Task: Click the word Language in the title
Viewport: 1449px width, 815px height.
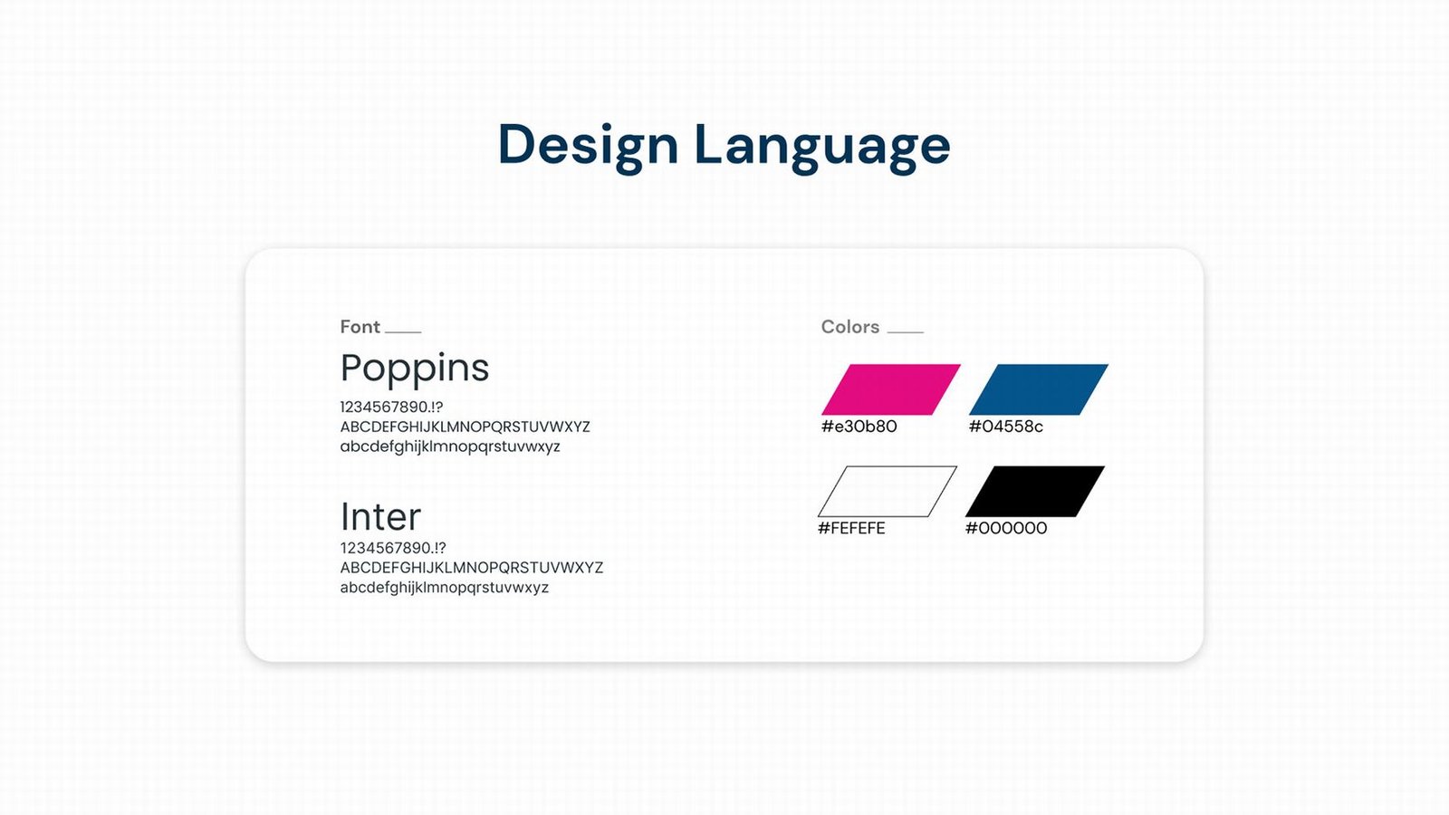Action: tap(822, 148)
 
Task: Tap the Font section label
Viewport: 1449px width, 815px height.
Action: tap(360, 327)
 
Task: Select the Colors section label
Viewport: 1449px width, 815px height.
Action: tap(850, 327)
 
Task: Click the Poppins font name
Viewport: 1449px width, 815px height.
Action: tap(415, 369)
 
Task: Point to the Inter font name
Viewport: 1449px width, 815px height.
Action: tap(380, 516)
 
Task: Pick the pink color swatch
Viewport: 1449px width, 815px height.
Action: tap(891, 389)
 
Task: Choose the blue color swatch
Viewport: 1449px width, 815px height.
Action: tap(1038, 389)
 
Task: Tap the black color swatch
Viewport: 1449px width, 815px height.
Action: tap(1035, 492)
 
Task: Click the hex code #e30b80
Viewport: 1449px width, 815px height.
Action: tap(859, 427)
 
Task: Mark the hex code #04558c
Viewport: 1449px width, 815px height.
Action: tap(1006, 427)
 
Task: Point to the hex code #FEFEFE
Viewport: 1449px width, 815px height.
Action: tap(851, 529)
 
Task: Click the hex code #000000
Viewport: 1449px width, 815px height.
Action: tap(1006, 529)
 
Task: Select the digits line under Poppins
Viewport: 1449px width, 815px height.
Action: tap(391, 407)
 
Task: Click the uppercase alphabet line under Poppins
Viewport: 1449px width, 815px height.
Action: tap(465, 427)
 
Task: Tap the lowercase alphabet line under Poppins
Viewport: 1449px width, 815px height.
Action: tap(450, 447)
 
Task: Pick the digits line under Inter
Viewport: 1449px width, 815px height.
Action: tap(393, 548)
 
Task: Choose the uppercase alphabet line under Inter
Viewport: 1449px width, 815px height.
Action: tap(472, 568)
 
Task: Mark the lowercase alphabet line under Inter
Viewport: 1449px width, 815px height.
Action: tap(445, 588)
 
